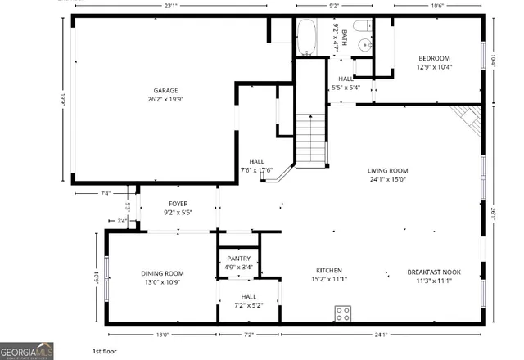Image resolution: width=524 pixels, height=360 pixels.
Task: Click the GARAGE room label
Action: click(x=165, y=91)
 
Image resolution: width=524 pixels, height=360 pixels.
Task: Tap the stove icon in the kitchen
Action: click(x=343, y=312)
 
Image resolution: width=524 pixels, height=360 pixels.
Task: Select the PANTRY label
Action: click(x=239, y=258)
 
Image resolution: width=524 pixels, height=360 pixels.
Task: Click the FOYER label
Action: click(x=179, y=204)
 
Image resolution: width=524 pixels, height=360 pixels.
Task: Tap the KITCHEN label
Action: click(x=329, y=271)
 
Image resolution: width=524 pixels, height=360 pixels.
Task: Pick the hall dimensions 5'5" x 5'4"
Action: click(x=346, y=88)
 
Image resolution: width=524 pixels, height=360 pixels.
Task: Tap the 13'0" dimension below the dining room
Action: click(x=162, y=334)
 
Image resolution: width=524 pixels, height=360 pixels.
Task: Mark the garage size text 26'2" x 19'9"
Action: click(x=165, y=101)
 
